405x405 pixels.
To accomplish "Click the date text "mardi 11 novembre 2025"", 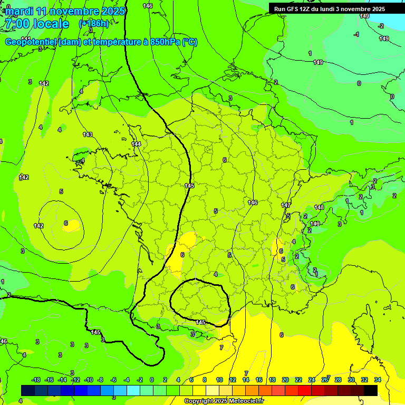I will click(x=65, y=11).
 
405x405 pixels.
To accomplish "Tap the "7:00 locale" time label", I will click(x=36, y=24).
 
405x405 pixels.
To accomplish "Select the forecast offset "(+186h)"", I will click(x=94, y=24).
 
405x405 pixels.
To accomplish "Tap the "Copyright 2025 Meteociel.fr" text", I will click(x=224, y=401).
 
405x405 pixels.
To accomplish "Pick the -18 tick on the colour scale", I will click(x=36, y=380).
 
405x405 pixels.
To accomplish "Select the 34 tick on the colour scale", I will click(x=378, y=380).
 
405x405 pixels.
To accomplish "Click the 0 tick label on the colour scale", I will click(x=151, y=380).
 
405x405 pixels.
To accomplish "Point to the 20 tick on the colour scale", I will click(x=285, y=380).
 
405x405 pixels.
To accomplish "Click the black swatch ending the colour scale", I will click(x=371, y=390).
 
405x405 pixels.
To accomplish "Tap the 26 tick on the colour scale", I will click(x=325, y=380).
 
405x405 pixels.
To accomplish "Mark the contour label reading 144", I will click(x=136, y=144).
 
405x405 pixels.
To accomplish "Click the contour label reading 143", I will click(x=88, y=134).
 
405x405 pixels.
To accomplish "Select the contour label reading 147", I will click(x=286, y=205).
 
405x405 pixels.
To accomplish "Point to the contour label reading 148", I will click(x=319, y=207).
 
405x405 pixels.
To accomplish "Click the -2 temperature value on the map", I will click(x=381, y=26).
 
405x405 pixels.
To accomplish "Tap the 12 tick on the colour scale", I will click(x=233, y=380).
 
